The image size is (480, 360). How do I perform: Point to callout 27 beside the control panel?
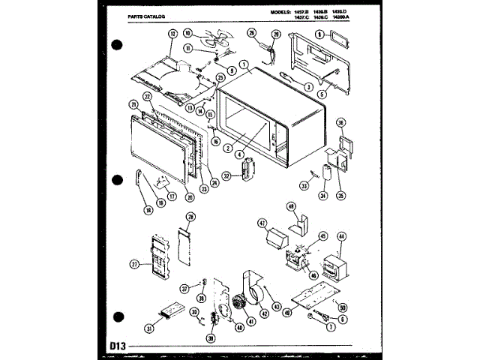click(135, 263)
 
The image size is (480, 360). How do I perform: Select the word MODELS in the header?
click(287, 13)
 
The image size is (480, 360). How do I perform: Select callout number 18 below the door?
click(148, 210)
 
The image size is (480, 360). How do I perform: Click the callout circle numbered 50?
click(343, 307)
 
